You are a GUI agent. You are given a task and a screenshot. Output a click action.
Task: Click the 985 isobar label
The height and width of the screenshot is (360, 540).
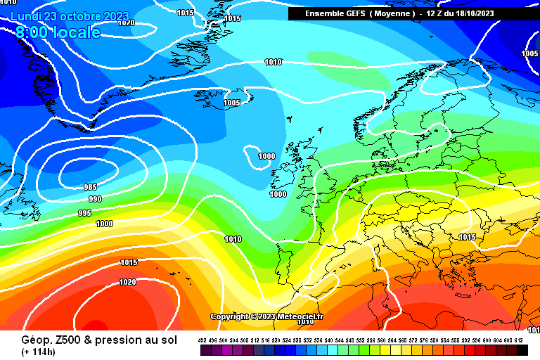(90, 187)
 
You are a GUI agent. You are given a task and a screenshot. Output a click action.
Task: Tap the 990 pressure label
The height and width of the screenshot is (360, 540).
(95, 200)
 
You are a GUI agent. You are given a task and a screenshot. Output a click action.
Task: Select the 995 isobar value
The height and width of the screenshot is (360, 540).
(84, 213)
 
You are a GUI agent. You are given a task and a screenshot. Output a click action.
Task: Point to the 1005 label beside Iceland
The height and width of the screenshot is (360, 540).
(231, 103)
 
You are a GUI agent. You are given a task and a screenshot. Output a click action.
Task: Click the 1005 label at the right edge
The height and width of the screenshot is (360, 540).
(530, 54)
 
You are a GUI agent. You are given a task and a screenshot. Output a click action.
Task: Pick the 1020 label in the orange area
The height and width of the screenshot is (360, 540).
(128, 282)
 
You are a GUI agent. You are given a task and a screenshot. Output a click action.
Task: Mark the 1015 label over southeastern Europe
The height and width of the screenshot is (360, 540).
(467, 238)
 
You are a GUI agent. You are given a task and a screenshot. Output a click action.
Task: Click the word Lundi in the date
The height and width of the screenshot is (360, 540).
(26, 16)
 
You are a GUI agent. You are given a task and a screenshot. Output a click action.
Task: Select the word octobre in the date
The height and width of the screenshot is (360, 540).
(80, 16)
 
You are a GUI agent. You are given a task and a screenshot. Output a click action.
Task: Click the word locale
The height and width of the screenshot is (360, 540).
(75, 32)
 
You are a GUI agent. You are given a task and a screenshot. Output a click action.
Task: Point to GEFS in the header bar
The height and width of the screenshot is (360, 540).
(352, 13)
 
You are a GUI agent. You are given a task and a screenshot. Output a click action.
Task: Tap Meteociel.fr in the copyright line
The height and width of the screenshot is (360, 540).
(299, 317)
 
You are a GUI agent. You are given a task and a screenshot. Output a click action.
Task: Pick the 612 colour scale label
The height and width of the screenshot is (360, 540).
(519, 340)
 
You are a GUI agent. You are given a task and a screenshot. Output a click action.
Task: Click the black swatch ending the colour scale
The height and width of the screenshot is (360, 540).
(522, 350)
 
